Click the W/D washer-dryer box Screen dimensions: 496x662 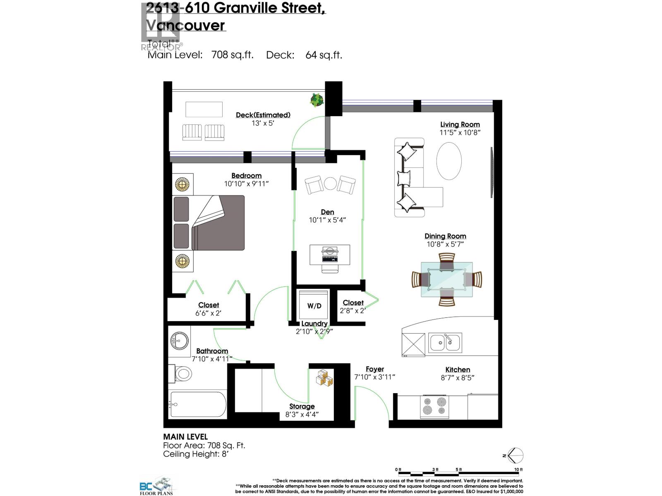314,305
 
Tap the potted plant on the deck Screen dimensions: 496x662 317,100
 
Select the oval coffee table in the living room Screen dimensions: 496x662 449,161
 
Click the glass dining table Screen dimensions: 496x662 446,279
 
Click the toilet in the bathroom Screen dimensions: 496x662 181,374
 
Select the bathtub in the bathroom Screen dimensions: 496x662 198,404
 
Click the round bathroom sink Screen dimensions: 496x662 179,341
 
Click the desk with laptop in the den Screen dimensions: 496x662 330,255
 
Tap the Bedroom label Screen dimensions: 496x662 246,176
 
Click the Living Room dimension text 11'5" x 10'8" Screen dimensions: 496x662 460,133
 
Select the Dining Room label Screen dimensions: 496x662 445,236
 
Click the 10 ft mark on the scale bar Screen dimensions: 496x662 518,470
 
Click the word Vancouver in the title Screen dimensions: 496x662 186,26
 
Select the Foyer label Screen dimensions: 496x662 374,369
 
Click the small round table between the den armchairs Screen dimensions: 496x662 330,183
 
